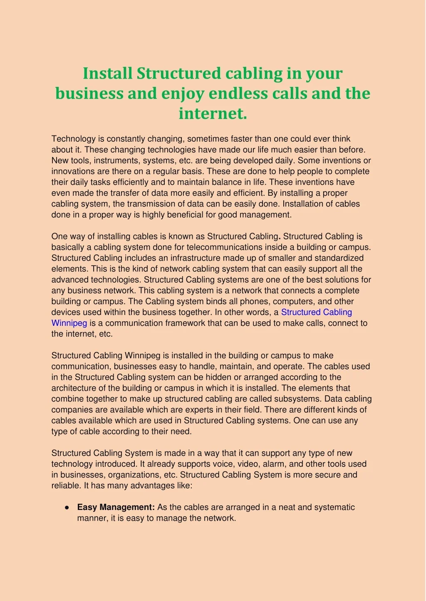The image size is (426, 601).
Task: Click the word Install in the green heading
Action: (x=107, y=73)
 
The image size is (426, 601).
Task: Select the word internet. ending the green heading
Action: (x=213, y=113)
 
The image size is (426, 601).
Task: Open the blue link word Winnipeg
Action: (x=69, y=323)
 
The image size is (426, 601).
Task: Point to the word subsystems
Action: (x=292, y=399)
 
